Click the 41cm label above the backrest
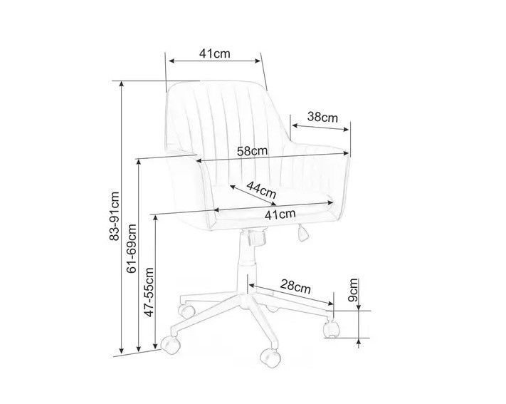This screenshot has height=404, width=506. [x=215, y=53]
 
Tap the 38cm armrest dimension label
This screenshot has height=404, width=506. [x=322, y=117]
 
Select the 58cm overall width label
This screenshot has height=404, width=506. [x=253, y=151]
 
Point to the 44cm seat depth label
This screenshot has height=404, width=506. [x=261, y=190]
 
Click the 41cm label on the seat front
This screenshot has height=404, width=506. [x=280, y=214]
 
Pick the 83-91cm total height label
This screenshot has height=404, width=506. [x=115, y=216]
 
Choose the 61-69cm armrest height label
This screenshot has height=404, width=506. [x=132, y=249]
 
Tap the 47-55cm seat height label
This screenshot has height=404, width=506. [x=149, y=292]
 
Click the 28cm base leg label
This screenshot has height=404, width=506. [x=295, y=286]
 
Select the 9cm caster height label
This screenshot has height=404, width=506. [x=354, y=290]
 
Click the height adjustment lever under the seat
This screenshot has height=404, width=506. [x=302, y=233]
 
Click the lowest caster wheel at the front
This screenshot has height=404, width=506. [x=270, y=358]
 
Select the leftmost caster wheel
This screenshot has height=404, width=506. [x=170, y=344]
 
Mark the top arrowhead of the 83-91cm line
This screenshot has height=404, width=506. [x=121, y=84]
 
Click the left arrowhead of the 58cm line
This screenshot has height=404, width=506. [x=199, y=160]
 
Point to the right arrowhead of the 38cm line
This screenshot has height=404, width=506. [x=346, y=130]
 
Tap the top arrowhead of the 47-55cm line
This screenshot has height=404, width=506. [x=156, y=218]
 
